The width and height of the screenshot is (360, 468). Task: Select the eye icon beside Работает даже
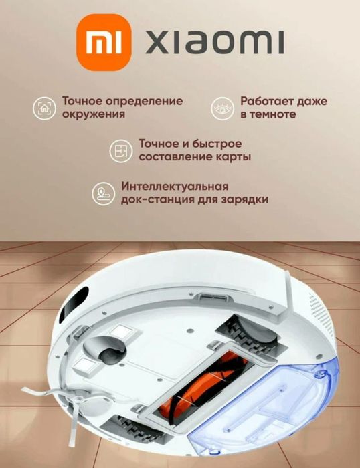221,108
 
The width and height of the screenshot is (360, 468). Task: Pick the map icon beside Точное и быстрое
121,151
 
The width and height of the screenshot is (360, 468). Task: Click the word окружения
94,114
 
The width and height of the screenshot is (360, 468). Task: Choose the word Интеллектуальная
175,186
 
